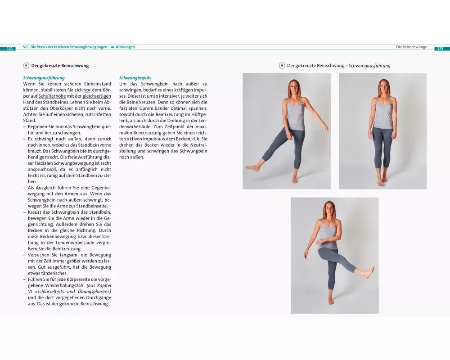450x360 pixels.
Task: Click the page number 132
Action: tap(10, 49)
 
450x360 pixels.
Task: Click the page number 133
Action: tap(440, 49)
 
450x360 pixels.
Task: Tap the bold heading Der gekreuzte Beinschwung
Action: tap(60, 65)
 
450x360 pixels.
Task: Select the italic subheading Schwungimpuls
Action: tap(135, 77)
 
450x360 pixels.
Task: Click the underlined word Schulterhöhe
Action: tap(52, 96)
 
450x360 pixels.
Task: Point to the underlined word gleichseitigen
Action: tap(97, 96)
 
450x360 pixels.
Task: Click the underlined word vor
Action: tap(87, 90)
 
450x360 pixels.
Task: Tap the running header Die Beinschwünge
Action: tap(412, 47)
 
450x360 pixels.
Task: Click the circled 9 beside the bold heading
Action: tap(26, 65)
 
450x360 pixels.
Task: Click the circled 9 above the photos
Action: tap(282, 65)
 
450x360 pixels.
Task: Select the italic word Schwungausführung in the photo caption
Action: tap(369, 65)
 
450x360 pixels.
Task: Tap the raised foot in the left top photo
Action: tap(252, 167)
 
